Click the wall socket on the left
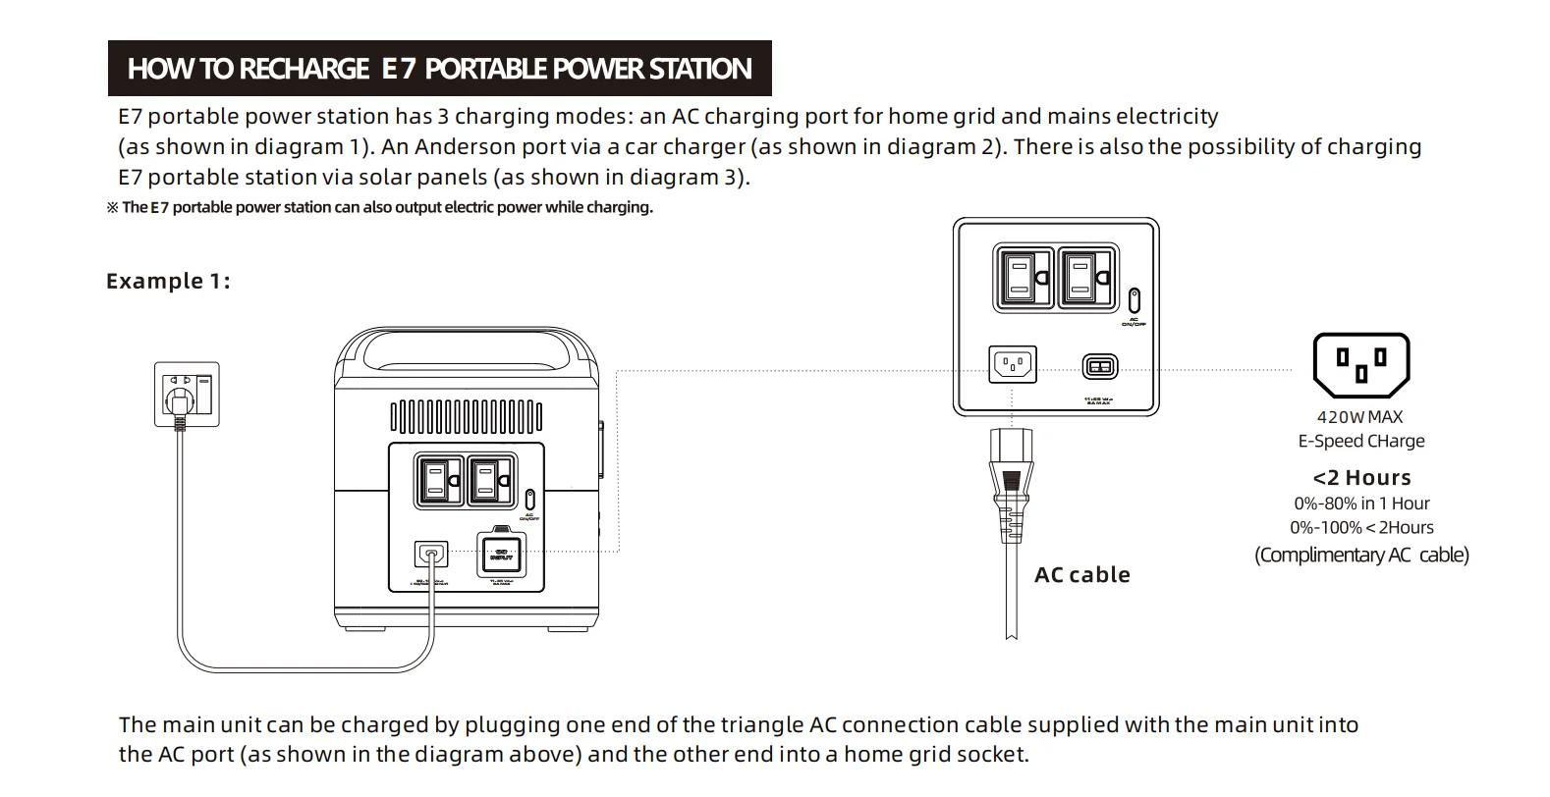click(187, 394)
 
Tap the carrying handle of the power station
click(468, 346)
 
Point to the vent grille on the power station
click(467, 416)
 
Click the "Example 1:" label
click(168, 282)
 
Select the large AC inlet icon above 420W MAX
click(1360, 362)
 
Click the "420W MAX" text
click(1360, 417)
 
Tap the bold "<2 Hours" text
click(1361, 478)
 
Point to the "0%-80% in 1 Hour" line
click(1361, 504)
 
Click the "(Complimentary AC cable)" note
click(1361, 556)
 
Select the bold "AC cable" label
click(1081, 575)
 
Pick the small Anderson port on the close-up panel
click(1099, 367)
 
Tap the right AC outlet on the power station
click(489, 481)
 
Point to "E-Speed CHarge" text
click(1361, 442)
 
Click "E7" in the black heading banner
click(398, 69)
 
